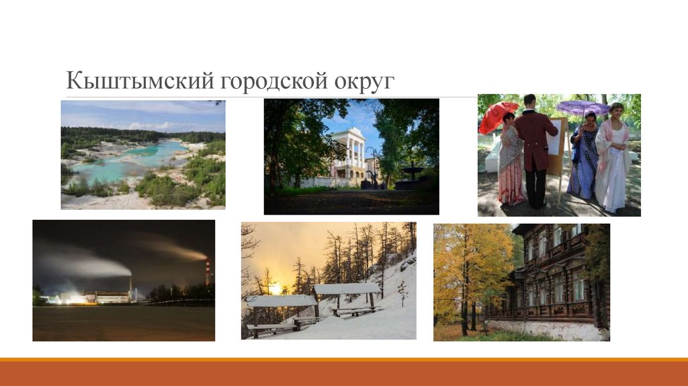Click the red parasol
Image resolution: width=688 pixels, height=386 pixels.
(x=497, y=116)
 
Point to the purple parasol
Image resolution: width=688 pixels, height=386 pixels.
(x=583, y=108)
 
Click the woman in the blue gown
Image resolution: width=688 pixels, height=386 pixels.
(x=583, y=158)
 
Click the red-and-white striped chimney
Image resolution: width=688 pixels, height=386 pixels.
(x=208, y=272)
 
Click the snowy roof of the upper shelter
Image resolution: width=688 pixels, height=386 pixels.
(x=346, y=288)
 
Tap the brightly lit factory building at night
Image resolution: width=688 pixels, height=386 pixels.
(x=101, y=297)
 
